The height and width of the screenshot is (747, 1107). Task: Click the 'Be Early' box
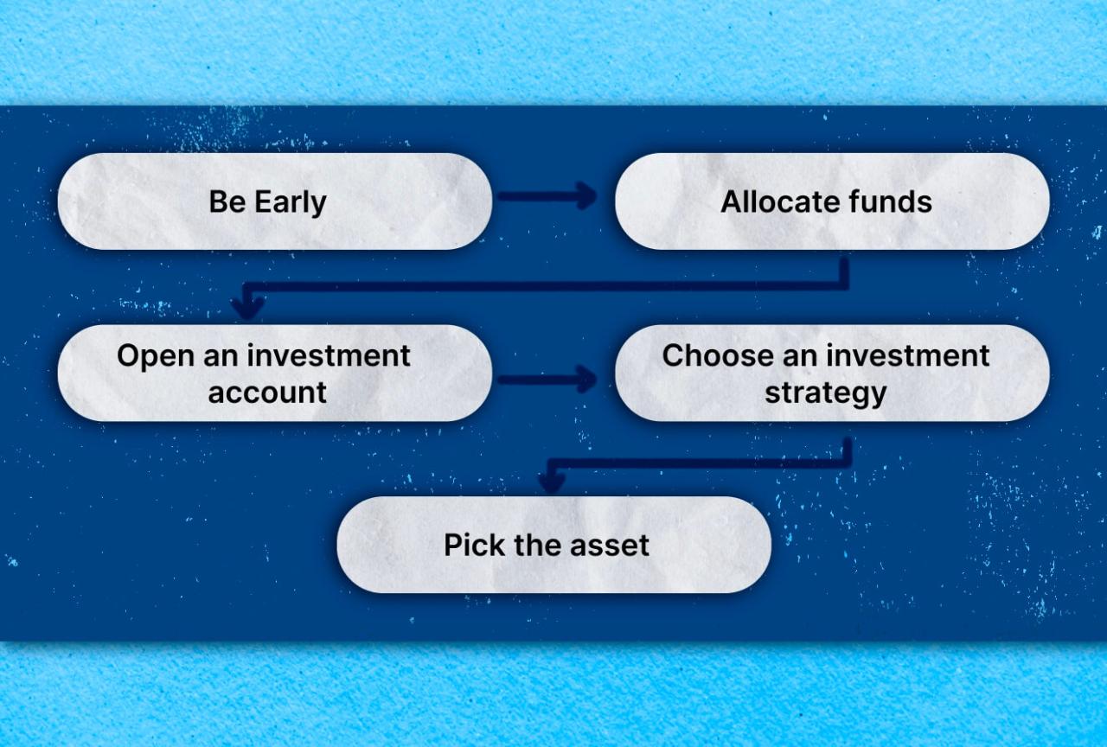(275, 201)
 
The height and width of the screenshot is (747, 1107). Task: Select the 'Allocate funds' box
(832, 201)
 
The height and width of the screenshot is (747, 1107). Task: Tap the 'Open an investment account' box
(275, 373)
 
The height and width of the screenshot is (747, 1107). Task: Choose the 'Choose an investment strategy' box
(832, 373)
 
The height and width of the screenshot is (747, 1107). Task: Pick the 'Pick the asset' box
(553, 545)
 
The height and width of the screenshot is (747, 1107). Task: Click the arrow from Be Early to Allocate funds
(547, 196)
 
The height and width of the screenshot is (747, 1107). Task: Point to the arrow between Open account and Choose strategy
(547, 379)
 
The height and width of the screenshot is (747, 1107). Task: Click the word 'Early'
(291, 202)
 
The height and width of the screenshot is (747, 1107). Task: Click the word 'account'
(267, 393)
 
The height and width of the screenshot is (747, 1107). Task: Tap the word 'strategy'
(825, 393)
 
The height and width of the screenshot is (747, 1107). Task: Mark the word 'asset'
(611, 546)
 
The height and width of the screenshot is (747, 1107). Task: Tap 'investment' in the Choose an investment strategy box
(908, 356)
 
